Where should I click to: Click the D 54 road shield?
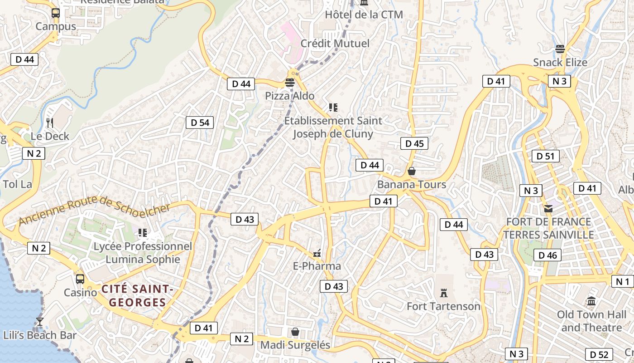tap(200, 123)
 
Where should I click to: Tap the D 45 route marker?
tap(414, 144)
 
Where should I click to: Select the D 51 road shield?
tap(545, 156)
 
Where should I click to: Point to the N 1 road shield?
tap(623, 281)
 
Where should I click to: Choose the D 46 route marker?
tap(548, 255)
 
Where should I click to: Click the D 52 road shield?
tap(599, 354)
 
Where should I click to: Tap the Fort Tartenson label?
tap(443, 306)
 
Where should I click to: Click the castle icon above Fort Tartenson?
tap(443, 293)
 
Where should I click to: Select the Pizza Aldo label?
tap(290, 96)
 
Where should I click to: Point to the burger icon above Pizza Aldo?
tap(290, 83)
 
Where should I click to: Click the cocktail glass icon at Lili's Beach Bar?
tap(40, 321)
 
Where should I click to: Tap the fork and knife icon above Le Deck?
tap(50, 123)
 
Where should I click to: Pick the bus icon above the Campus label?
tap(56, 13)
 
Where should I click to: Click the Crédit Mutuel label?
tap(335, 44)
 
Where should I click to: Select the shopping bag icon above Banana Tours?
tap(412, 171)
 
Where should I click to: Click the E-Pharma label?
tap(317, 266)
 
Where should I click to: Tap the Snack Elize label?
tap(560, 63)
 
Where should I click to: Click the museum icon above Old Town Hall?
tap(591, 301)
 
